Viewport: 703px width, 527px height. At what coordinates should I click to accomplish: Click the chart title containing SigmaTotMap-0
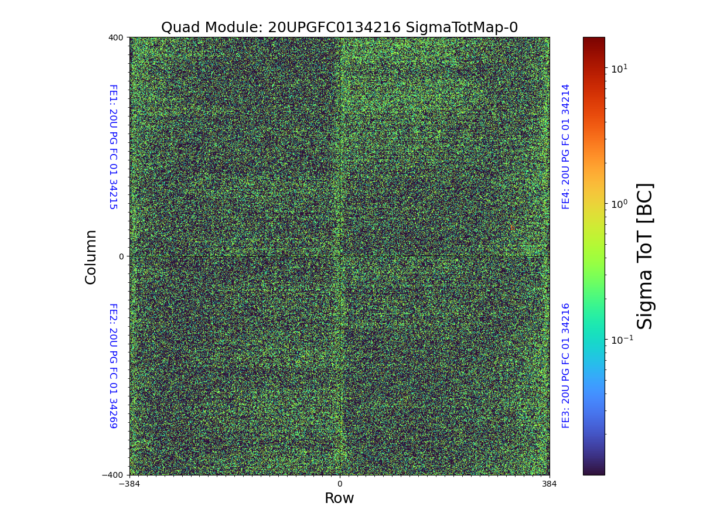click(x=339, y=28)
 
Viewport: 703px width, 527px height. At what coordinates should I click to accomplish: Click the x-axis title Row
click(x=339, y=498)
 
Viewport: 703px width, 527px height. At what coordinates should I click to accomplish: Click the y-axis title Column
click(x=91, y=256)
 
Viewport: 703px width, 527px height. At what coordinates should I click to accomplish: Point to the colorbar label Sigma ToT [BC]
click(x=644, y=256)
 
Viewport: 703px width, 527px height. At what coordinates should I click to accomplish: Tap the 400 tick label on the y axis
click(x=116, y=37)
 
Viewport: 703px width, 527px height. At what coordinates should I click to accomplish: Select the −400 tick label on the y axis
click(x=113, y=475)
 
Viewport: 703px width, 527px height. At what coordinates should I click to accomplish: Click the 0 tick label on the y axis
click(x=121, y=256)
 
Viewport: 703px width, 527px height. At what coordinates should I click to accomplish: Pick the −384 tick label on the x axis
click(x=129, y=484)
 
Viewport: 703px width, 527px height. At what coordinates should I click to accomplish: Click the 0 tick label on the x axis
click(x=339, y=484)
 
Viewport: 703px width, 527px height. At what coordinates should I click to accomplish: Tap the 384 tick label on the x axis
click(x=549, y=484)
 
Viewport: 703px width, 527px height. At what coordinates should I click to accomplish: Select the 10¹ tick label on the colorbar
click(x=619, y=69)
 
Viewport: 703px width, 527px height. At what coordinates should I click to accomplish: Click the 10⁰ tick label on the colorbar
click(x=619, y=204)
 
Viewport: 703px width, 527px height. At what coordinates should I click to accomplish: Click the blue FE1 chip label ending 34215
click(x=113, y=146)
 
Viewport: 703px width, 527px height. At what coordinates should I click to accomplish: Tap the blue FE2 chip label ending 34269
click(x=113, y=365)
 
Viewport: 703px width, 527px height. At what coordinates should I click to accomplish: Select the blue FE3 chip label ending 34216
click(x=566, y=365)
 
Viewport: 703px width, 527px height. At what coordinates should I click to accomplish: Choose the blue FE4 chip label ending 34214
click(x=566, y=146)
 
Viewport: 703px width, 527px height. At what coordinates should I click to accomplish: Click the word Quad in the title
click(x=178, y=28)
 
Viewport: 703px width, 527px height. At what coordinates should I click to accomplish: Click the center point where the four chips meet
click(x=339, y=256)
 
